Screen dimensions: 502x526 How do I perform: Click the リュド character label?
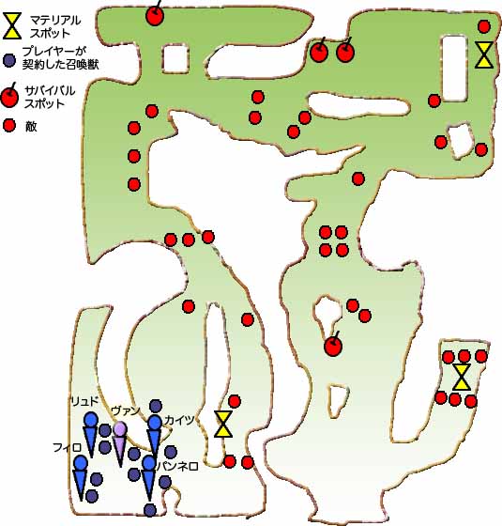(x=84, y=402)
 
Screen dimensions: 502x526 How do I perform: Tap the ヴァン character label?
(x=125, y=410)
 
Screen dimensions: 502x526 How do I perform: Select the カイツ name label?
(x=179, y=420)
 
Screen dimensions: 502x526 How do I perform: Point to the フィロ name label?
(x=67, y=447)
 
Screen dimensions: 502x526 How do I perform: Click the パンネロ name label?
(x=177, y=466)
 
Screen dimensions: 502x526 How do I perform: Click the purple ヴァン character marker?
(x=120, y=442)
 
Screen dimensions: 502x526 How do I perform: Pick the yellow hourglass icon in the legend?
(x=12, y=25)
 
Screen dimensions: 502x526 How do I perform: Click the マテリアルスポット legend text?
(x=55, y=26)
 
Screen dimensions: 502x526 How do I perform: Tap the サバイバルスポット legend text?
(x=50, y=97)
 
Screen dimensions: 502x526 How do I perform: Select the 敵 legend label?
(x=30, y=127)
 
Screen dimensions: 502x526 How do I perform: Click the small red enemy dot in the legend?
(x=9, y=126)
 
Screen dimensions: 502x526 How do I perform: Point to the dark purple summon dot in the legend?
(x=9, y=60)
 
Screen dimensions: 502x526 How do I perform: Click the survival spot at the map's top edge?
(x=155, y=15)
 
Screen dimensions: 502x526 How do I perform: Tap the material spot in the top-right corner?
(x=484, y=54)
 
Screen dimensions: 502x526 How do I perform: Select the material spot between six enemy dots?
(x=462, y=378)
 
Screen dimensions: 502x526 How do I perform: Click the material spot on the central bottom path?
(x=223, y=424)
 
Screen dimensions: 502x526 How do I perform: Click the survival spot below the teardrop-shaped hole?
(x=333, y=345)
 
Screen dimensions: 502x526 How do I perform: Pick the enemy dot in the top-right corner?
(x=484, y=26)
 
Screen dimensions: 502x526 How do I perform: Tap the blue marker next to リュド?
(x=91, y=435)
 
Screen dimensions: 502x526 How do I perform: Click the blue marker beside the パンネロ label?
(x=148, y=478)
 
